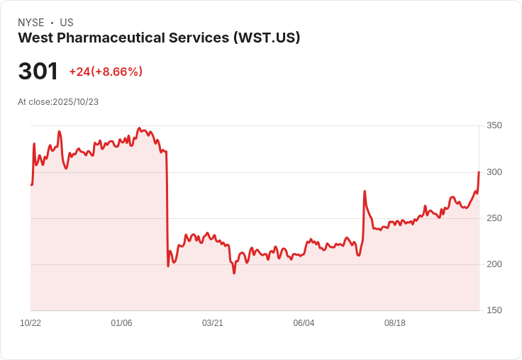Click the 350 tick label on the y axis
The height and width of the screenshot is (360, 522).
click(x=494, y=125)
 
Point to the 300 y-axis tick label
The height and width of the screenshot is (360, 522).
click(x=494, y=172)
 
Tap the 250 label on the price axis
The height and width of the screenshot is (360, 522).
click(x=494, y=218)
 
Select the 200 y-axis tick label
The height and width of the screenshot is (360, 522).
click(x=494, y=264)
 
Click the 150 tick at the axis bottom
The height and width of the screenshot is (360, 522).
click(x=494, y=310)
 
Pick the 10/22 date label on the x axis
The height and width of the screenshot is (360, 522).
click(x=30, y=323)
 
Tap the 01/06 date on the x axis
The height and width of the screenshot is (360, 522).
click(x=121, y=323)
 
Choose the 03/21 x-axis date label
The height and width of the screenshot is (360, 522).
click(x=213, y=323)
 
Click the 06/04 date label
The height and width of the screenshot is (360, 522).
click(x=304, y=323)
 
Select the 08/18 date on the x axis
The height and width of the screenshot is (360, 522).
click(x=395, y=323)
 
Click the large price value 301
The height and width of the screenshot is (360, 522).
click(x=38, y=72)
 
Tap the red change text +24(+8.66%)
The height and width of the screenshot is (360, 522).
click(x=106, y=72)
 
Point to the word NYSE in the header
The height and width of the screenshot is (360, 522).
click(x=30, y=23)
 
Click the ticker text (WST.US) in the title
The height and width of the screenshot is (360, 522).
click(x=267, y=38)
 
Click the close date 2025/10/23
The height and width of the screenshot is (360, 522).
click(x=75, y=102)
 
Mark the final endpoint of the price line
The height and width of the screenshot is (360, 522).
click(x=479, y=172)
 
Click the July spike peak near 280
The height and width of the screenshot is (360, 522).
click(x=365, y=191)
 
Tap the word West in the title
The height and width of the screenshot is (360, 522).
click(x=33, y=38)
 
